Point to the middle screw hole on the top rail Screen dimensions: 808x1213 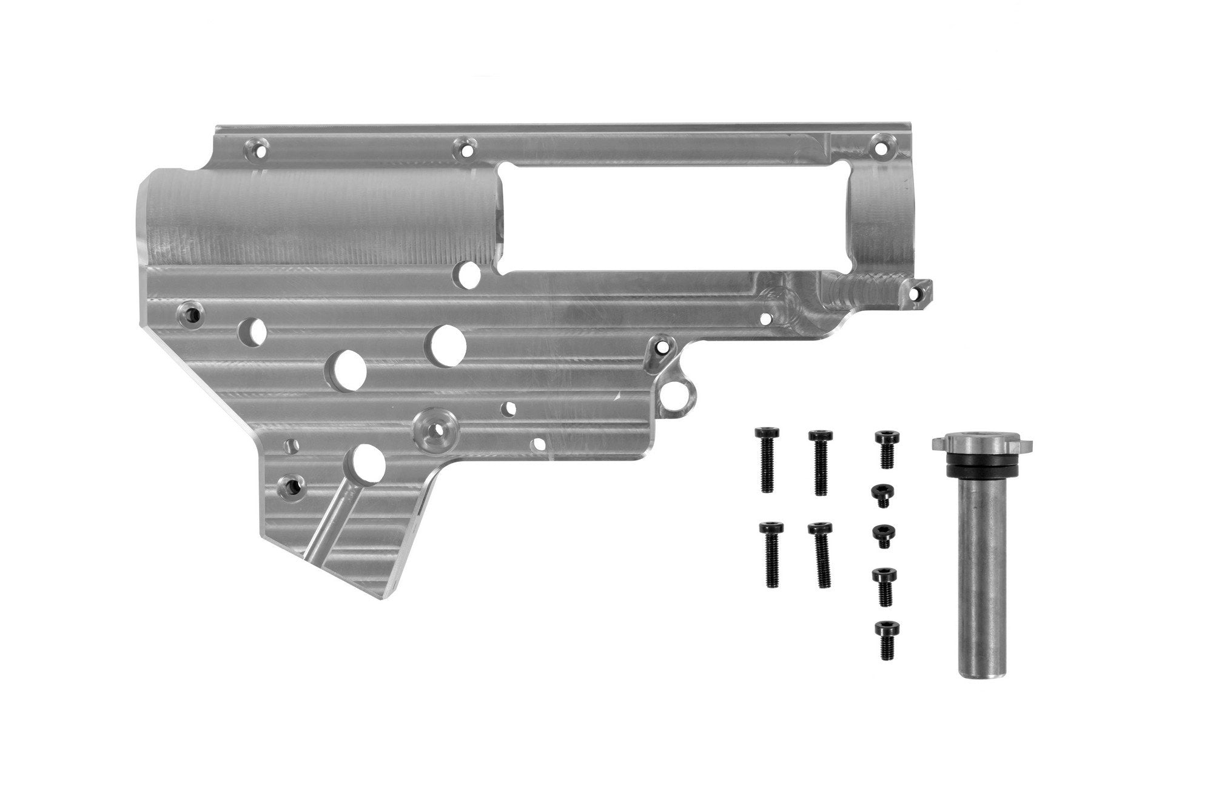tap(466, 147)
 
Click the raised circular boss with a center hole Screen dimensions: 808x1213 tap(434, 429)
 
